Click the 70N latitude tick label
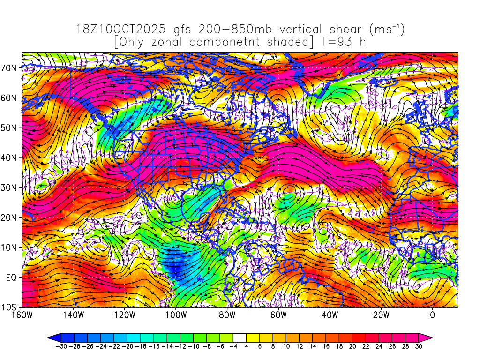[x=11, y=67]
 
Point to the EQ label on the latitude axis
[x=12, y=277]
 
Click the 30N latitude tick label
[x=11, y=187]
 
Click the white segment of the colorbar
[x=240, y=337]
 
